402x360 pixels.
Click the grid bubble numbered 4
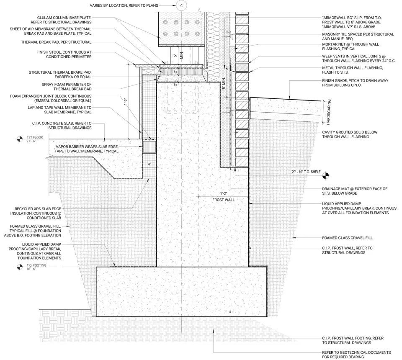point(181,5)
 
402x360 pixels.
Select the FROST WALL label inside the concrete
point(223,200)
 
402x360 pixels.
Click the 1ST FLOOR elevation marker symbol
point(20,139)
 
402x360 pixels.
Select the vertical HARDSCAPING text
point(329,112)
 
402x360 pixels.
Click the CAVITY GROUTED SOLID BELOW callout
point(350,134)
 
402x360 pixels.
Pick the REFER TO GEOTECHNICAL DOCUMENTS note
point(356,355)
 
